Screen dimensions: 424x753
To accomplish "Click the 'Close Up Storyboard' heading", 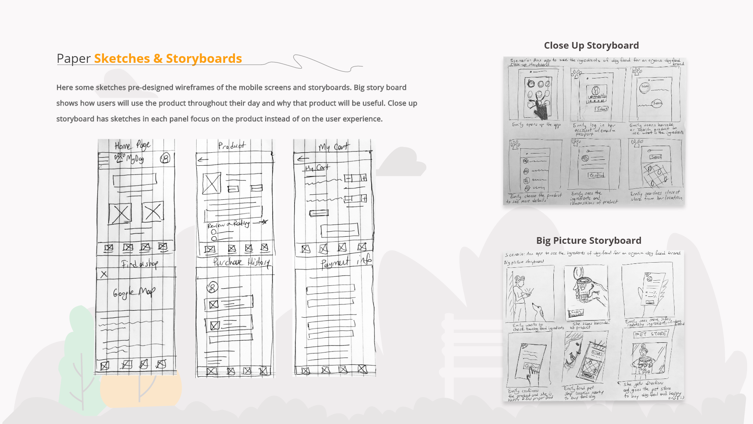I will [x=591, y=46].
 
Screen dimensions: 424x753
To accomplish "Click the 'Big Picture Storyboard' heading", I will [x=588, y=240].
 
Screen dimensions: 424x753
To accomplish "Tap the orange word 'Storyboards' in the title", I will [x=204, y=58].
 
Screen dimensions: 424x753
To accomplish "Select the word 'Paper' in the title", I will [x=73, y=58].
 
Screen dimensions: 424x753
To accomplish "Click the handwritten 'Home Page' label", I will [x=132, y=146].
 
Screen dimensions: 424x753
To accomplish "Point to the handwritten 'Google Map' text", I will [x=134, y=292].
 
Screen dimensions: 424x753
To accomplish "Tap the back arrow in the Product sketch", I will [x=203, y=159].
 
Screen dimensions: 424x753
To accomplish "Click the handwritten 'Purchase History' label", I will [x=241, y=262].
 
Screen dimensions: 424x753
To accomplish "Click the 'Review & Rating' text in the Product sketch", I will [x=229, y=224].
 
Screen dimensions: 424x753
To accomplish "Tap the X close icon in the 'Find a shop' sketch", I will [x=104, y=274].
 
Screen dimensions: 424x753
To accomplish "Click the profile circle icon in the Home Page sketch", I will [x=166, y=158].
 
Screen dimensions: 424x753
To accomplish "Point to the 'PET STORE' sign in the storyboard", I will [x=650, y=334].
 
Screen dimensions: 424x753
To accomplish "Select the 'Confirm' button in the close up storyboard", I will [x=596, y=175].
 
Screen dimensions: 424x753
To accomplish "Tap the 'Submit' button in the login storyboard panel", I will [x=602, y=109].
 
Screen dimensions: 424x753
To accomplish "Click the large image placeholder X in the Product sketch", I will [x=211, y=183].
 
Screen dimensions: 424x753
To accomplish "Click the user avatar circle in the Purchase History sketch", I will [x=212, y=287].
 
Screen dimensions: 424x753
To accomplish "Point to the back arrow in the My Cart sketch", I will [x=303, y=159].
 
